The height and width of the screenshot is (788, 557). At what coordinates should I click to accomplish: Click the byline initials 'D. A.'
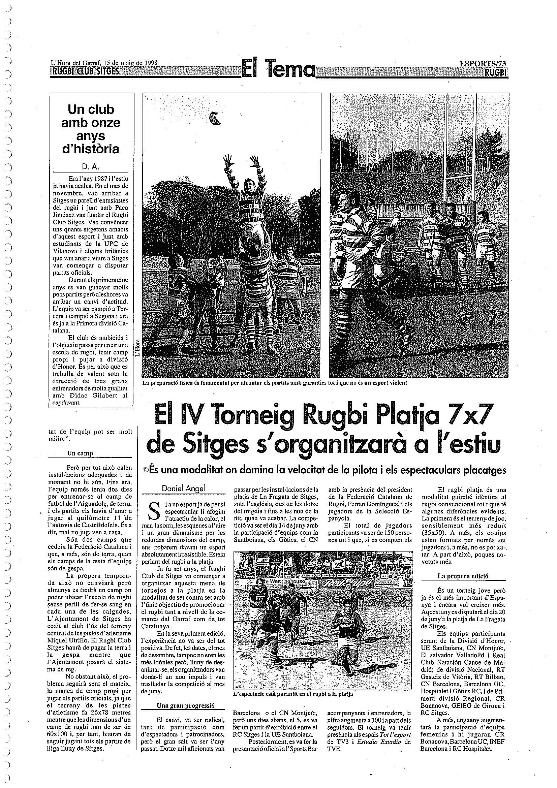90,167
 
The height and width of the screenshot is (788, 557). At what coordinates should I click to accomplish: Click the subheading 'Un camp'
80,453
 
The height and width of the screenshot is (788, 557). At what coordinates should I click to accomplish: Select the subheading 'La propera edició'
463,576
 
